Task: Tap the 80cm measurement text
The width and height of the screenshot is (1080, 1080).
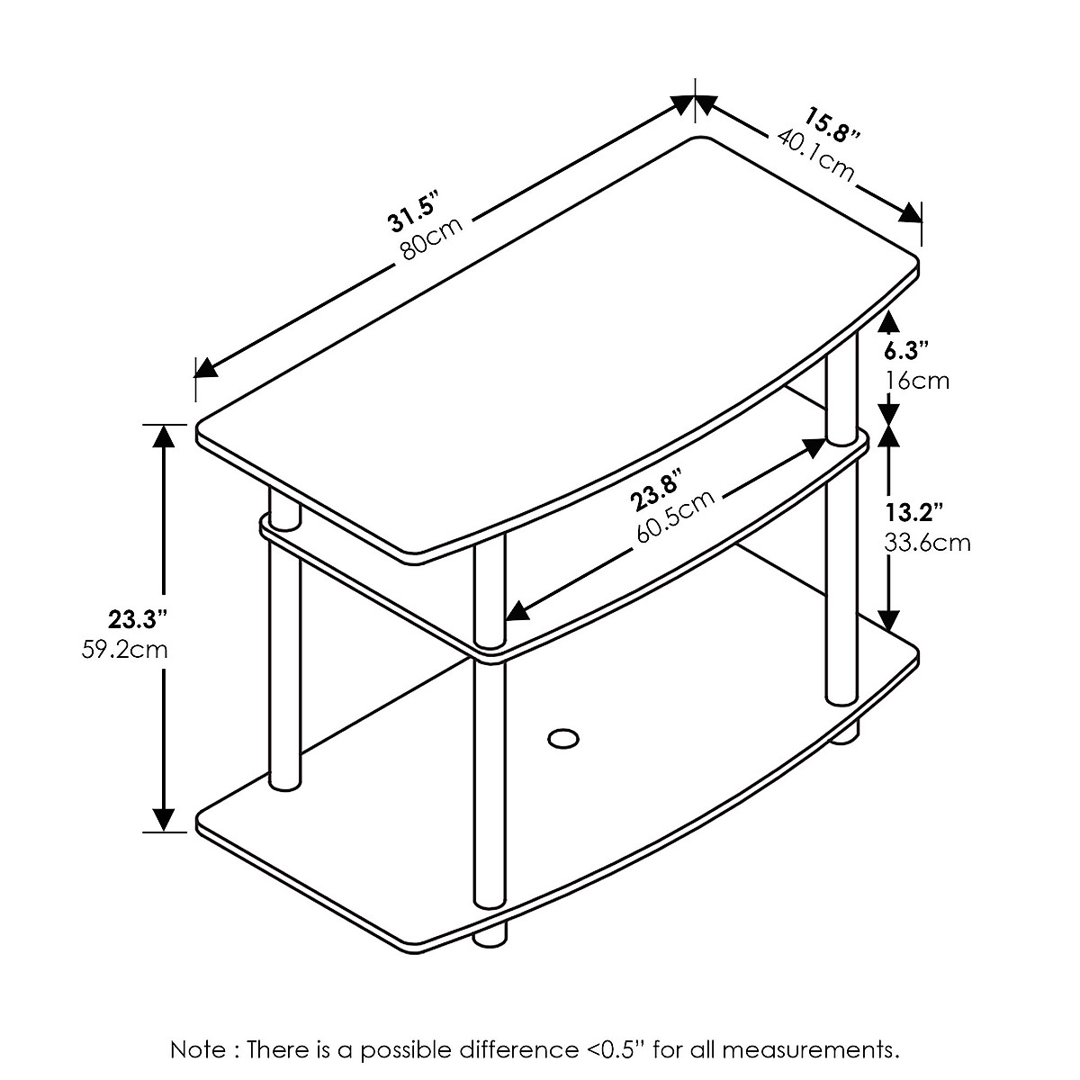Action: click(433, 238)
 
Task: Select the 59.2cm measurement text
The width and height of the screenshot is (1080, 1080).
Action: click(124, 649)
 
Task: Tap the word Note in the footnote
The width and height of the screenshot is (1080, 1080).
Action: click(200, 1049)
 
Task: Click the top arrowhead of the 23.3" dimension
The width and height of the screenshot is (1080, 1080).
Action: click(163, 435)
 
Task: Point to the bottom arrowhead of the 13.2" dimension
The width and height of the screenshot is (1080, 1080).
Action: click(889, 620)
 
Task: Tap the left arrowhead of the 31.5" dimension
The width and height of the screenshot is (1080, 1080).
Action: click(206, 367)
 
